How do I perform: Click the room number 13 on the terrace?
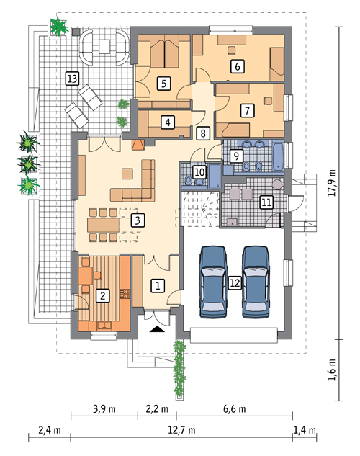pos(72,79)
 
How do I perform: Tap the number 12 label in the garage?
pos(235,282)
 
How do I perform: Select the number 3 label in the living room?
pos(138,220)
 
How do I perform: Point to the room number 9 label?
pos(236,156)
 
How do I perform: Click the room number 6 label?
pos(238,66)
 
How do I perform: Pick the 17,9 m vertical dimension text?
pos(332,183)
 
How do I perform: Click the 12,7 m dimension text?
pos(181,430)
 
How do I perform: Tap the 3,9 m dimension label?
pos(104,409)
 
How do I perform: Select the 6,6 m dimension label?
pos(234,409)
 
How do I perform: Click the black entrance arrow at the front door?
pos(157,329)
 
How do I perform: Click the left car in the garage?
pos(213,282)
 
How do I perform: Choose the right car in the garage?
pos(256,282)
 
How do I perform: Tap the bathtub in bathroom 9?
pos(279,156)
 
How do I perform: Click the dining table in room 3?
pos(103,225)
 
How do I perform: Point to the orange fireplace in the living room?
pos(138,145)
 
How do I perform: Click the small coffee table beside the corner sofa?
pos(127,174)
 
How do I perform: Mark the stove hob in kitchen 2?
pos(125,294)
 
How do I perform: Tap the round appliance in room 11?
pos(277,184)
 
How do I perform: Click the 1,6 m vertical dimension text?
pos(332,370)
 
